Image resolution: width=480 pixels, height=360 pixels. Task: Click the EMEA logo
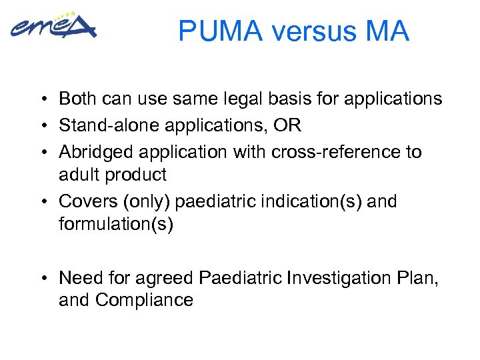coord(53,27)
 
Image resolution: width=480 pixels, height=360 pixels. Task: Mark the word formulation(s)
coord(115,225)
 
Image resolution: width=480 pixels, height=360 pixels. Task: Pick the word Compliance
coord(144,301)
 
